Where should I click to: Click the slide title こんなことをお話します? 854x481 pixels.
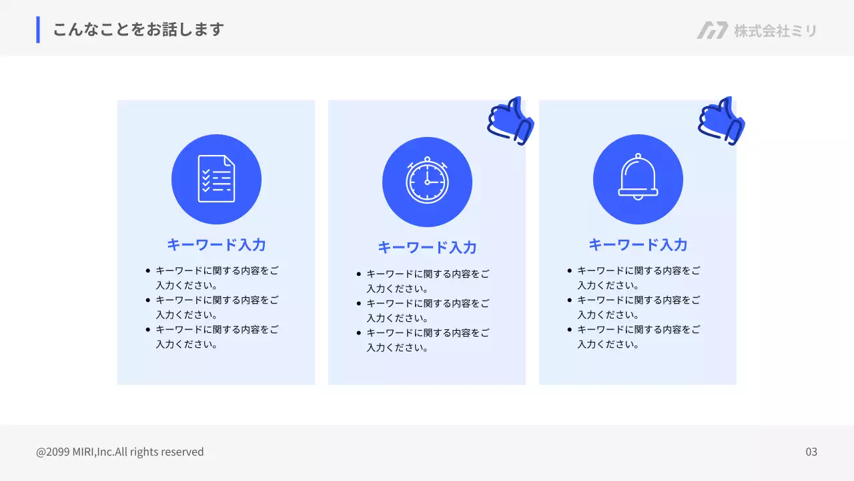138,29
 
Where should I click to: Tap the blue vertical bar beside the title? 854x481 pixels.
38,29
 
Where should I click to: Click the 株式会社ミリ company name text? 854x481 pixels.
775,31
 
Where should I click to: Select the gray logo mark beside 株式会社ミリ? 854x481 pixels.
712,30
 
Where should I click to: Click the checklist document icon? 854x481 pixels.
216,178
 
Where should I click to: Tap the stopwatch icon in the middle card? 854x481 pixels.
427,180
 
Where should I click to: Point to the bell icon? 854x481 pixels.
638,177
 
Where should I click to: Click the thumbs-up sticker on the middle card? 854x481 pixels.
510,121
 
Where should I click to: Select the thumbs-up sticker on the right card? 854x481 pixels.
721,121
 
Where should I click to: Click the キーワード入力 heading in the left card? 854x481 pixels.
216,245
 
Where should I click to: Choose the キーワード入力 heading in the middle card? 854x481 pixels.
427,247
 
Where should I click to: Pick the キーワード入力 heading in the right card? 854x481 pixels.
638,245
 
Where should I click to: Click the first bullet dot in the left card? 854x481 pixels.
147,271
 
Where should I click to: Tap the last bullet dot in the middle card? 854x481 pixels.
358,333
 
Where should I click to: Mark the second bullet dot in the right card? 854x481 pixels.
569,300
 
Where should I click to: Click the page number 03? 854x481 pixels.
811,452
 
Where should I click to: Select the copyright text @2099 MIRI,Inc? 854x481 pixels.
75,452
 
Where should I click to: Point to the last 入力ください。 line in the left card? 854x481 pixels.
187,345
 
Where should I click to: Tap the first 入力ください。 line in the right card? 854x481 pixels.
608,285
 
